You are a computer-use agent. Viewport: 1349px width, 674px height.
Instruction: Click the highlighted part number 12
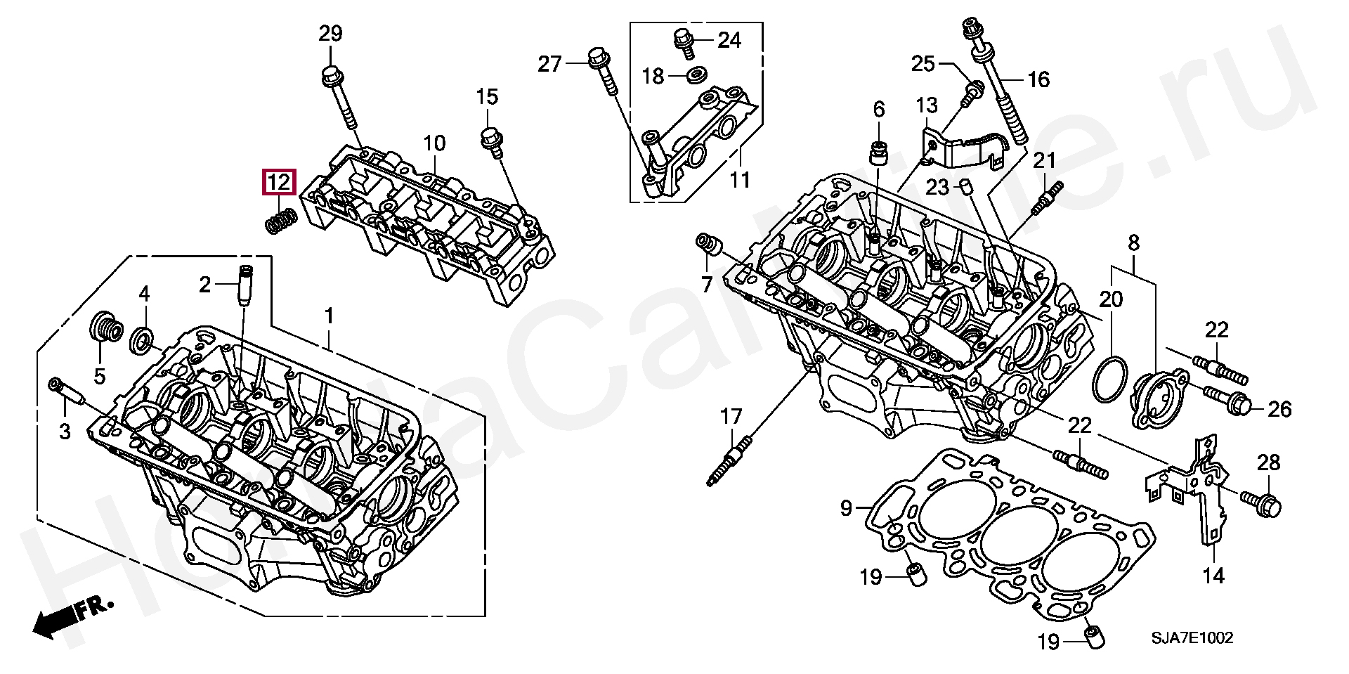(x=279, y=183)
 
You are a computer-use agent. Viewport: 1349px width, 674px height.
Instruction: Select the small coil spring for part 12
(x=281, y=222)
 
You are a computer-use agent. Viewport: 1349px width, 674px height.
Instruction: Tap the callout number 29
(x=330, y=33)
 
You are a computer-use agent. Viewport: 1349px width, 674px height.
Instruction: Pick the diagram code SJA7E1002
(x=1191, y=638)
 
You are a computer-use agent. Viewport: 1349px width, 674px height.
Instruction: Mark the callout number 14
(x=1213, y=576)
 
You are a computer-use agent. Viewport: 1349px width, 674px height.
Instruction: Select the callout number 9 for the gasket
(x=846, y=507)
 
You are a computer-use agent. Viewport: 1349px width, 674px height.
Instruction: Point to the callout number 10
(x=434, y=144)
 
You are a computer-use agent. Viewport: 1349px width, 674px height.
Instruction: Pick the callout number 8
(x=1133, y=244)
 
